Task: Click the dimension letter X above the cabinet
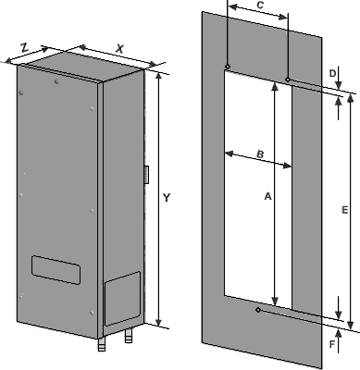pos(119,49)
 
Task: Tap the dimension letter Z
pos(24,47)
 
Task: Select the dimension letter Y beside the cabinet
pos(167,198)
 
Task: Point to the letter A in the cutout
pos(267,196)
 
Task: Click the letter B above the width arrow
pos(260,154)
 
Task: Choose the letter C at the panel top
pos(260,6)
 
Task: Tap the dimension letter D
pos(332,73)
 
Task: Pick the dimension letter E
pos(345,210)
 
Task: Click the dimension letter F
pos(332,344)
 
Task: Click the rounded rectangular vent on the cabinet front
pos(56,270)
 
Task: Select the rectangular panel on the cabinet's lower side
pos(122,299)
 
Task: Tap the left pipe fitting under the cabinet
pos(102,344)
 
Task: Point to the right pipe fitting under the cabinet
pos(129,336)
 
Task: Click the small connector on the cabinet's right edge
pos(146,175)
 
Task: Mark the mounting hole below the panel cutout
pos(258,310)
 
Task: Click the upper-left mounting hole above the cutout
pos(228,67)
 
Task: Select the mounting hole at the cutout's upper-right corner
pos(288,80)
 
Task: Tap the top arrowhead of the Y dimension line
pos(159,77)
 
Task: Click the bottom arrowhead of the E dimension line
pos(351,325)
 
